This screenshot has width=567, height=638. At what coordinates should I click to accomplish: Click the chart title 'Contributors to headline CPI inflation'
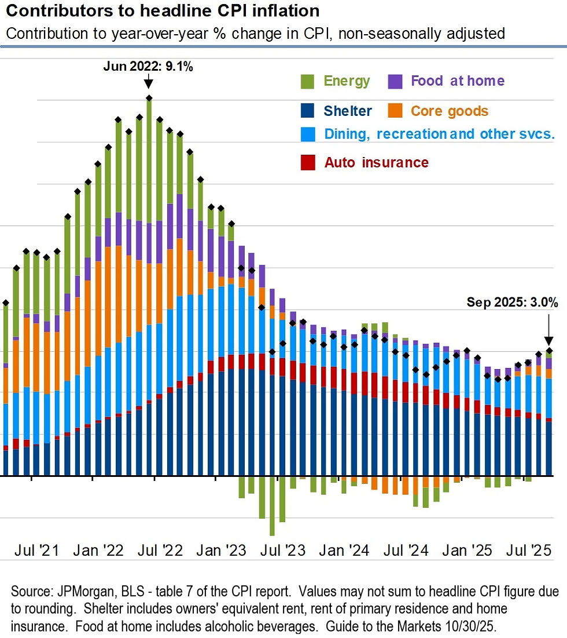click(162, 12)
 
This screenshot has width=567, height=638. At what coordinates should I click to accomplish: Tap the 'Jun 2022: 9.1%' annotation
click(148, 66)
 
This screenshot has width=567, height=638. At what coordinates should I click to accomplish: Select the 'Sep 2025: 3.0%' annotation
click(513, 302)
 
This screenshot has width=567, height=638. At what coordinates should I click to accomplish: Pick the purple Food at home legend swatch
click(395, 81)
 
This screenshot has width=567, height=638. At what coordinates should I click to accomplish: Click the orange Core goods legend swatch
click(395, 111)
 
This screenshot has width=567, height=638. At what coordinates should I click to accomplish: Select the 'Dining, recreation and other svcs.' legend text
click(439, 134)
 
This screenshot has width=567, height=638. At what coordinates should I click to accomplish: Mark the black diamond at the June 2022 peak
click(149, 98)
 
